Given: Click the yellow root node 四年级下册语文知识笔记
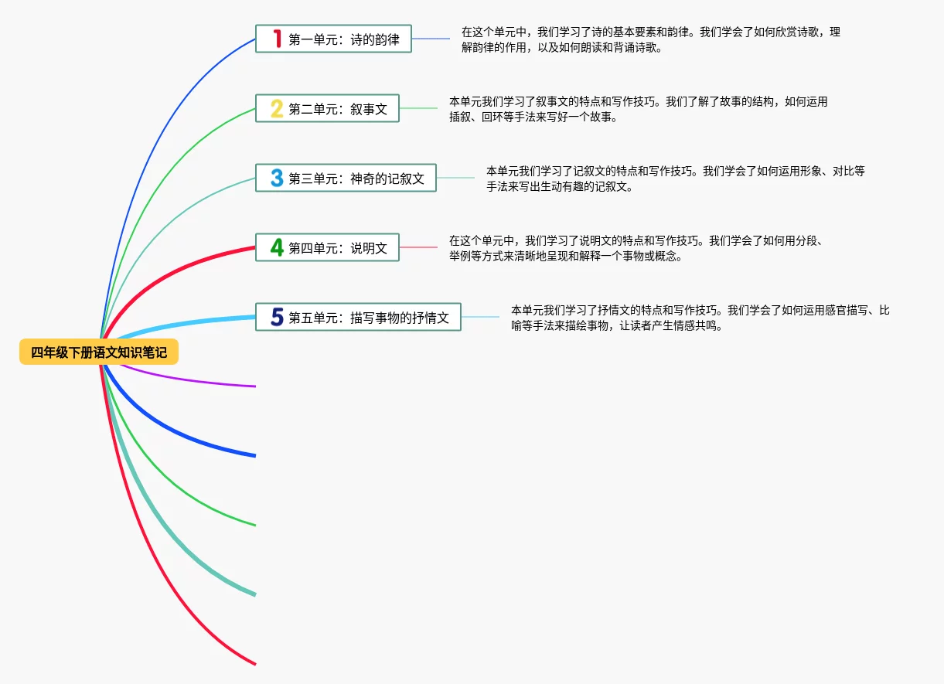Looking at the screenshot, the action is coord(99,352).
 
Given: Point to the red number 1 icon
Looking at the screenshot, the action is coord(277,39).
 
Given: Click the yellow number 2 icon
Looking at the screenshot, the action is coord(277,109).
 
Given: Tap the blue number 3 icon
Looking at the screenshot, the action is coord(277,179).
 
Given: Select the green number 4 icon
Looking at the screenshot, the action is coord(277,248).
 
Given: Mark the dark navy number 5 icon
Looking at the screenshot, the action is coord(277,317).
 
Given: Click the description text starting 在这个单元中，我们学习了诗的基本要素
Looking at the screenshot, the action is coord(650,39).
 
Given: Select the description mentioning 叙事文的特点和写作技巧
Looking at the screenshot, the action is coord(638,109).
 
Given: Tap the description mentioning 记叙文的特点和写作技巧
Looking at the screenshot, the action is coord(675,179).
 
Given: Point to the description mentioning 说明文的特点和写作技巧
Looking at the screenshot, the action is coord(638,248).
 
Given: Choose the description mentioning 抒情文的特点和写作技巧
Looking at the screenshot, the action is coord(700,318).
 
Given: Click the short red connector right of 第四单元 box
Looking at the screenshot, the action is coord(418,247).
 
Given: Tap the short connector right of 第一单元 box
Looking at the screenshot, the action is coord(431,39).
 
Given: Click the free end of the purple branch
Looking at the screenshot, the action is coord(254,385).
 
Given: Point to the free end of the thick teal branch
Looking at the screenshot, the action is coord(254,594).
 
